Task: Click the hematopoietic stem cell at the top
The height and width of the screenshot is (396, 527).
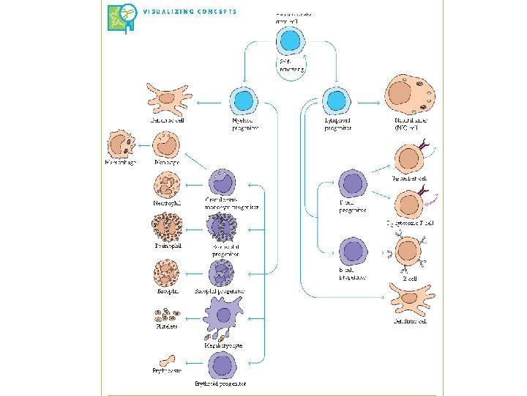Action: pyautogui.click(x=292, y=40)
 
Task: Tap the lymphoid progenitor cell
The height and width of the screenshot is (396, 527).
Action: pyautogui.click(x=336, y=100)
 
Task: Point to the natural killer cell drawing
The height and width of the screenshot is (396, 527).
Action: pyautogui.click(x=410, y=96)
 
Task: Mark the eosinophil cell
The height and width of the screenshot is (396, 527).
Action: pyautogui.click(x=166, y=227)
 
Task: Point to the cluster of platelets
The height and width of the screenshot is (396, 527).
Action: pyautogui.click(x=165, y=316)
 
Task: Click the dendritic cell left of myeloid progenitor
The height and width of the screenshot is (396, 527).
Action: pyautogui.click(x=168, y=99)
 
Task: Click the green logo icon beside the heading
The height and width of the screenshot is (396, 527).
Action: pyautogui.click(x=122, y=18)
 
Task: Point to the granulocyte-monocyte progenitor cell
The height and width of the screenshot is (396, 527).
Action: pyautogui.click(x=223, y=183)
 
